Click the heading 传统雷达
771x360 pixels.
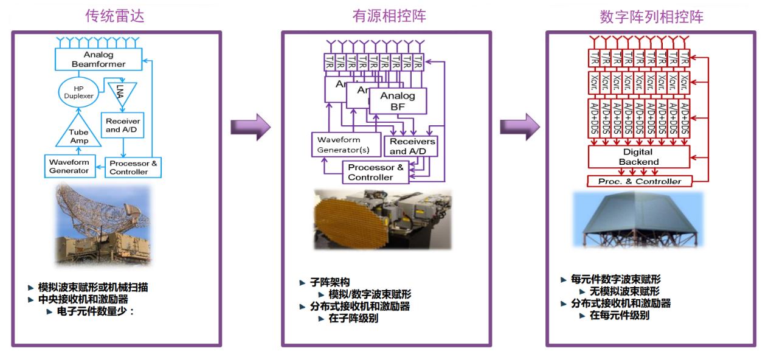[x=115, y=16]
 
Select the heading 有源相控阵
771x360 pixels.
[x=389, y=16]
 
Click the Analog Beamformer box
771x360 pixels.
[x=99, y=60]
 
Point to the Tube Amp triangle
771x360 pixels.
[x=78, y=134]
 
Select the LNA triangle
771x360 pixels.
[x=120, y=91]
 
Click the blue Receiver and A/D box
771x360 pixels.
[x=123, y=125]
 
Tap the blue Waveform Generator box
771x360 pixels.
[x=69, y=167]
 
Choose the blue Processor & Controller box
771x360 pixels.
[x=133, y=167]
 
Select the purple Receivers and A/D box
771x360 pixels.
[x=412, y=146]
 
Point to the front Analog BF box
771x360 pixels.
[x=398, y=101]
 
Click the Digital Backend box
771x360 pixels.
[x=638, y=157]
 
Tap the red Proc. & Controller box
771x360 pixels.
[x=639, y=181]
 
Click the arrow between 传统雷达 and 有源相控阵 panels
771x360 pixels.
[x=250, y=126]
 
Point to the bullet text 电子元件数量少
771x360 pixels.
[x=95, y=311]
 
